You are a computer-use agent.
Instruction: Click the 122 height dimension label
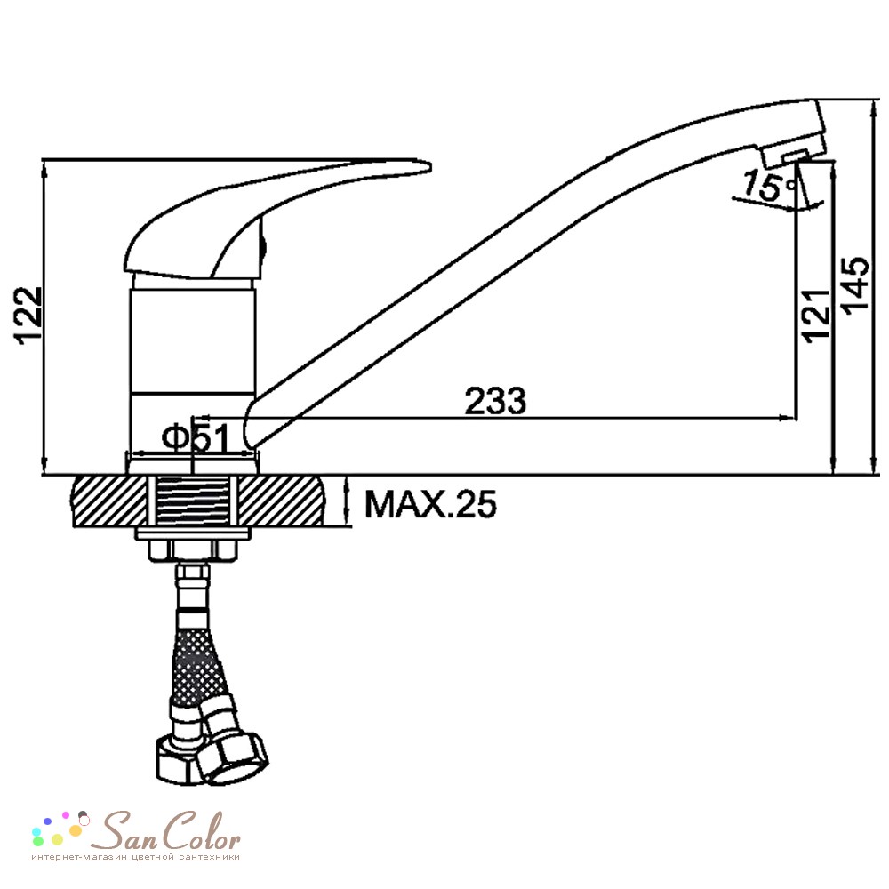28,316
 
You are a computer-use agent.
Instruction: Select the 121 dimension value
816,316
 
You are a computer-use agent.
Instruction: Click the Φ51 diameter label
195,437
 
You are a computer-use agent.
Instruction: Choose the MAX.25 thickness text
430,503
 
